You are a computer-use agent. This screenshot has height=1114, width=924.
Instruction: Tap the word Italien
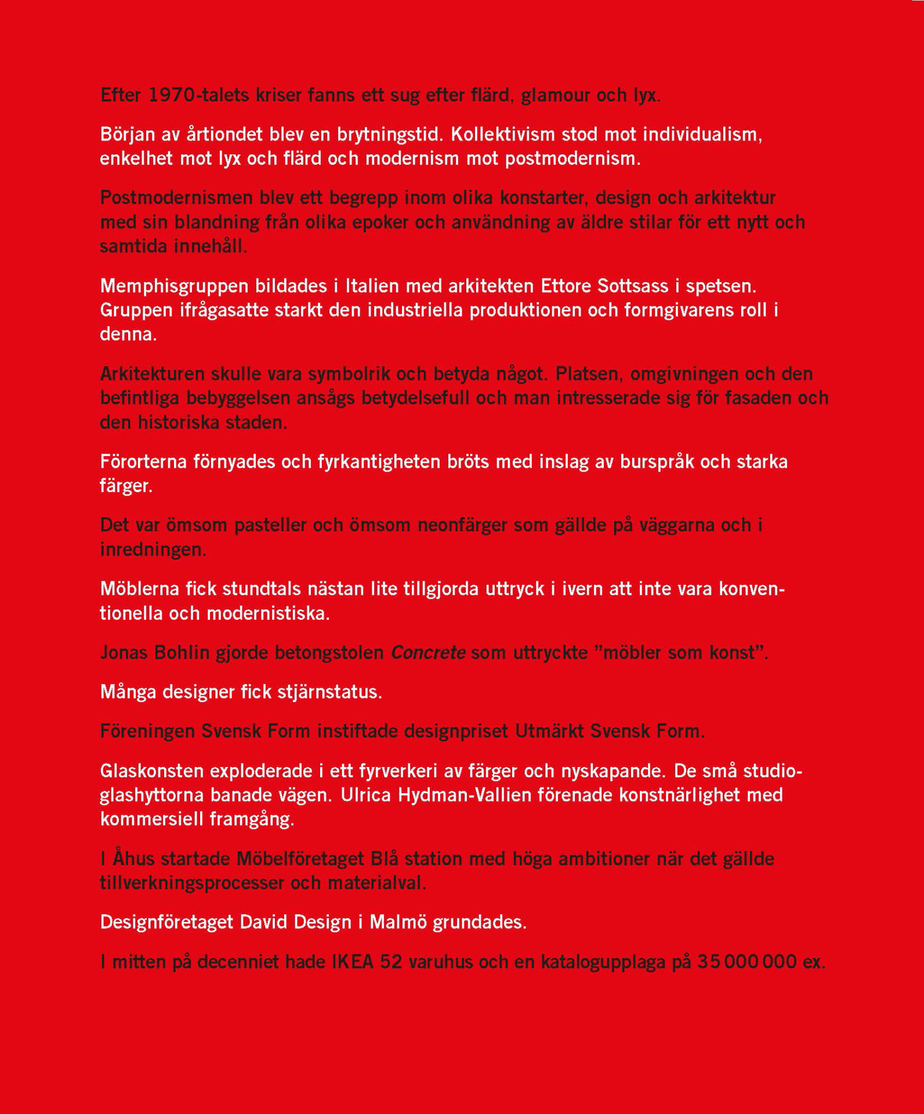(x=372, y=286)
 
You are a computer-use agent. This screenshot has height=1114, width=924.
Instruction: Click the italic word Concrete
(x=428, y=653)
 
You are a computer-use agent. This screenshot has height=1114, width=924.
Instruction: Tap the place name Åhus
(x=133, y=859)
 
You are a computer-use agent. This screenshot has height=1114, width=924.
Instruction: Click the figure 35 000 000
(x=747, y=962)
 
